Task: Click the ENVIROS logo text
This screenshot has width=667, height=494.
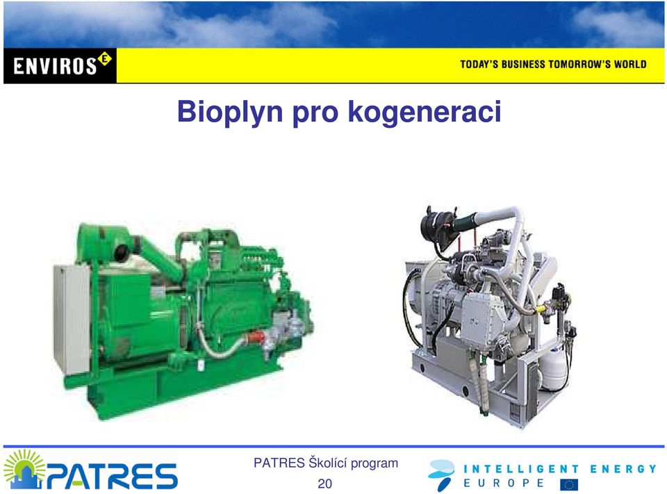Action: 56,67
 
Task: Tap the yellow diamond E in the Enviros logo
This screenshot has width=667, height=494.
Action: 105,58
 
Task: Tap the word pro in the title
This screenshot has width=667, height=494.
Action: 315,115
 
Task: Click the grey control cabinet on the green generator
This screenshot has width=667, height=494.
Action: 72,319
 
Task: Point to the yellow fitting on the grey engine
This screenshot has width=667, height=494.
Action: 541,308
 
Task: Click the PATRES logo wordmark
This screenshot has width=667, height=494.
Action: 112,476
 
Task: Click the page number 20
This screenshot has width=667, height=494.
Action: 324,484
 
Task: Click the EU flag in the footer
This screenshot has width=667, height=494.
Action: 569,485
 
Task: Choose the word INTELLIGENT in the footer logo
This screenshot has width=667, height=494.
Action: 521,469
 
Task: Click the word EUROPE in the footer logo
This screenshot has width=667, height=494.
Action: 504,484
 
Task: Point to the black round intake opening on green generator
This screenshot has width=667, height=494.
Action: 121,253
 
